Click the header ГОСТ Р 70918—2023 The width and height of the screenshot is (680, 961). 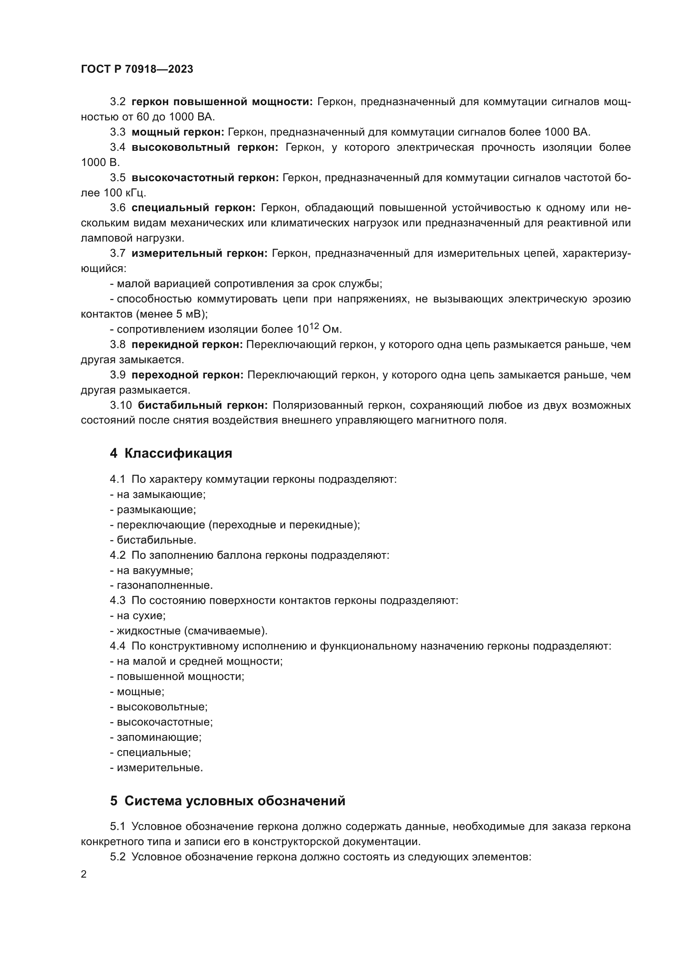pos(137,69)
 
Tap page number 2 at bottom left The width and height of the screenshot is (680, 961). pos(84,874)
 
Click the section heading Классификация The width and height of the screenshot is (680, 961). pos(178,453)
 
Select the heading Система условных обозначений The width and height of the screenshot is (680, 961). pos(234,801)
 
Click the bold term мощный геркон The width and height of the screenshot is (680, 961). pos(178,132)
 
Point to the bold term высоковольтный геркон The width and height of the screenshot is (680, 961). pos(205,147)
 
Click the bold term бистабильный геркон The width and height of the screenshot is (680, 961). pos(203,405)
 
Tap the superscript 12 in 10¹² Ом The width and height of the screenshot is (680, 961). pos(315,326)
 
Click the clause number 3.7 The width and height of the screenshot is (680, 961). pos(118,253)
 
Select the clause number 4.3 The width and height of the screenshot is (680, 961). pos(118,600)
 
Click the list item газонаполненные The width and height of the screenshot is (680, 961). pos(164,585)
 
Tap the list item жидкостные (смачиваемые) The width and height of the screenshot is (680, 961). pos(192,630)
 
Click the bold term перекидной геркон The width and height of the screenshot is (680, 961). pos(187,344)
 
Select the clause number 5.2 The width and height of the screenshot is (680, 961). pos(118,857)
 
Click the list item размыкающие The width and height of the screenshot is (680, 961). pos(156,509)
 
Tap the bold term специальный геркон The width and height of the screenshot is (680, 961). pos(194,208)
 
